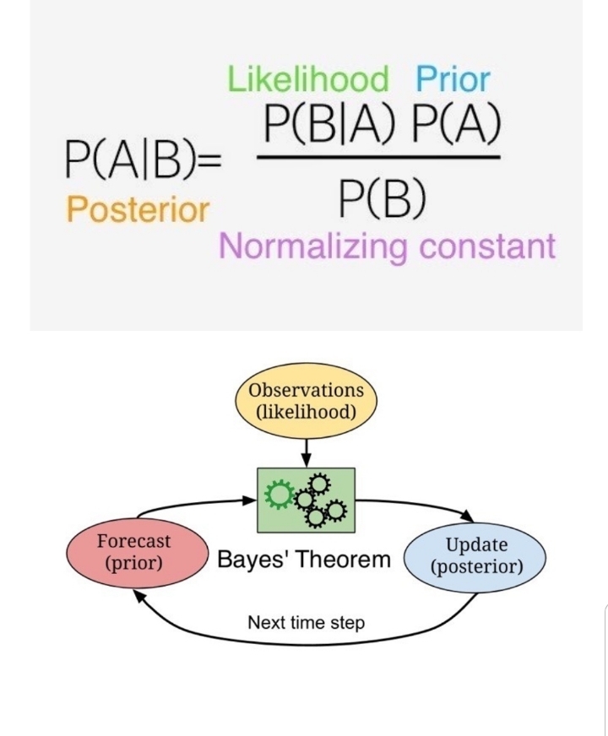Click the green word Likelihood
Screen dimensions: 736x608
308,80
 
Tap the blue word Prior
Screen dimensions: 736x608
452,80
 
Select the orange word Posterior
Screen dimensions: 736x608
137,208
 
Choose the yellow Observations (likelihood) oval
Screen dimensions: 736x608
306,401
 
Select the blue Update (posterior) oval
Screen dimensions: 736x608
475,557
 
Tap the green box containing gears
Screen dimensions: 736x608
306,500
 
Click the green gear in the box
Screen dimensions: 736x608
277,495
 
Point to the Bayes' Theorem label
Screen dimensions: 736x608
305,559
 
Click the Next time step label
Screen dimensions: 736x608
306,623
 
